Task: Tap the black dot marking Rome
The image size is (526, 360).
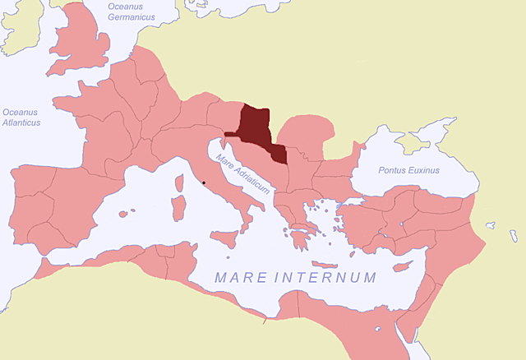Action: coord(204,182)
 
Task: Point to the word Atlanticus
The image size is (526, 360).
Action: coord(21,122)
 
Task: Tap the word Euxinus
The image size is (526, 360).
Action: coord(425,170)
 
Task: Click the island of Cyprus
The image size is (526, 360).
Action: coord(402,266)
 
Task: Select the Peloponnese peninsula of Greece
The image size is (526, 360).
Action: coord(299,238)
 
